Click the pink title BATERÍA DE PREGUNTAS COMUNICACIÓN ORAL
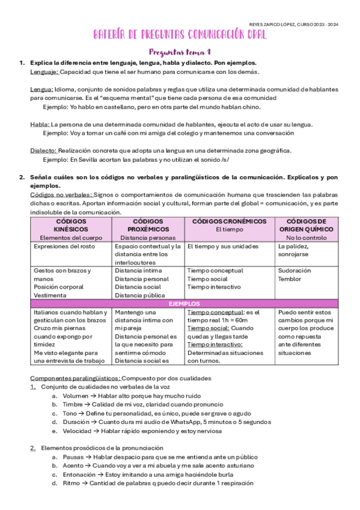[x=180, y=36]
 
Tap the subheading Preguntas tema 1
[x=180, y=52]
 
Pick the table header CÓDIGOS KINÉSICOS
[x=70, y=226]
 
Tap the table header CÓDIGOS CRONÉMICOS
[x=229, y=222]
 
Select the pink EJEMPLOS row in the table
[x=185, y=304]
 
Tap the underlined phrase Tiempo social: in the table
[x=207, y=328]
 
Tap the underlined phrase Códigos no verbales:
[x=61, y=195]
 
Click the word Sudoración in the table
[x=294, y=271]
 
